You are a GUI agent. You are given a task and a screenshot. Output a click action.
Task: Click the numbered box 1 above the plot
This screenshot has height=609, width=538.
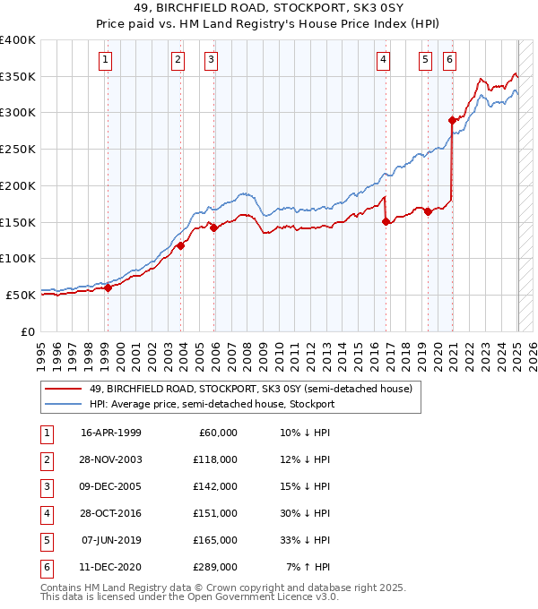tap(106, 60)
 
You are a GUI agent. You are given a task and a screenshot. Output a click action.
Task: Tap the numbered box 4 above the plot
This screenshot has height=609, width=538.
tap(383, 60)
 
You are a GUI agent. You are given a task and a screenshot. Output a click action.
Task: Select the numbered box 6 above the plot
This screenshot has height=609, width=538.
tap(448, 60)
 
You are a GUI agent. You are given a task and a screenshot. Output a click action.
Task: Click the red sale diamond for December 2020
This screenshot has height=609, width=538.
tap(453, 119)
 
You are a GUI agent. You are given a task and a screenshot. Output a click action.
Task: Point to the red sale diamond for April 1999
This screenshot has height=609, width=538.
tap(108, 287)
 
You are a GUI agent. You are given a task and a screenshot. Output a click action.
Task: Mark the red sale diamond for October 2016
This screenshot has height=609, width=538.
tap(386, 221)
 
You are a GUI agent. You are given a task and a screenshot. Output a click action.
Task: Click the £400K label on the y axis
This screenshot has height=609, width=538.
tap(18, 40)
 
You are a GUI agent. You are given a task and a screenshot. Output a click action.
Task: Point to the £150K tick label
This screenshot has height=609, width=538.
tap(18, 222)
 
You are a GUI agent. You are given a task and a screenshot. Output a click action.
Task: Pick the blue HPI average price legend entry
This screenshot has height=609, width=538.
tap(212, 404)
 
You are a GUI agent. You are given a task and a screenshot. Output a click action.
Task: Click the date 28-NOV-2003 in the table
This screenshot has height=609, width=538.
tap(111, 459)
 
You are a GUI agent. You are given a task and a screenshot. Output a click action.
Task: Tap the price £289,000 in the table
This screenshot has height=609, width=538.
tap(216, 567)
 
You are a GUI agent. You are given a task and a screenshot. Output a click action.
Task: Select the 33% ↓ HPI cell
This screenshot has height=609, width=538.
tap(305, 540)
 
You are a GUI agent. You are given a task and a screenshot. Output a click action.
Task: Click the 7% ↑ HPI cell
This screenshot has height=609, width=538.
tap(308, 567)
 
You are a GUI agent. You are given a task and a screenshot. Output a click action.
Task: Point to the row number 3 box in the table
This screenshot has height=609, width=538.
tap(47, 486)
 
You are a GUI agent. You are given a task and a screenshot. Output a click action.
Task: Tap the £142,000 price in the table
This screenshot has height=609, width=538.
tap(216, 486)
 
